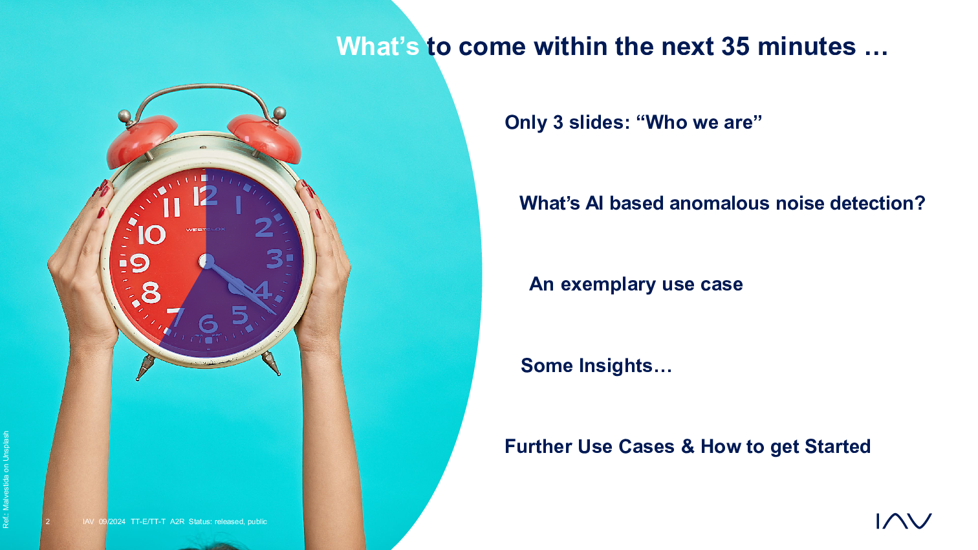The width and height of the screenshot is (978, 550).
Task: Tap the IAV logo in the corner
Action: coord(904,521)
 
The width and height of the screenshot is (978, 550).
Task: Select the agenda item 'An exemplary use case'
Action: coord(636,285)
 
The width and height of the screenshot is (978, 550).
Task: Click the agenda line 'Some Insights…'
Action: coord(596,365)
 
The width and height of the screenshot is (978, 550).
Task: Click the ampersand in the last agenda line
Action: coord(688,446)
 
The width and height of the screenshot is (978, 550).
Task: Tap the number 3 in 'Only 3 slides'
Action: coord(558,122)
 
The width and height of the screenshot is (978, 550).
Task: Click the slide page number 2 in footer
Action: coord(48,522)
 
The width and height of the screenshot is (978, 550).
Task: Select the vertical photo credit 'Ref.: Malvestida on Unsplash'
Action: coord(6,479)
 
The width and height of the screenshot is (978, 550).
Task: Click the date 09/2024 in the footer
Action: coord(112,522)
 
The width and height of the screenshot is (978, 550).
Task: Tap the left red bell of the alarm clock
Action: coord(140,140)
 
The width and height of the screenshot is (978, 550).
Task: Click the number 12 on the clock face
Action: coord(205,195)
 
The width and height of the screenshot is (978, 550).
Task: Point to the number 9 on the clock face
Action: coord(140,263)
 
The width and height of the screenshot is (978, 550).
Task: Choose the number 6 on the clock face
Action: coord(208,324)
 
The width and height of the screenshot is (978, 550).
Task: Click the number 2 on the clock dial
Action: coord(264,227)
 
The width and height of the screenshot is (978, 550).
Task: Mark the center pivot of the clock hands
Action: coord(206,261)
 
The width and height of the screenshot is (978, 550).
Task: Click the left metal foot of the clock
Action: coord(145,367)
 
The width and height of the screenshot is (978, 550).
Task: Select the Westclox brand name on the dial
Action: coord(206,229)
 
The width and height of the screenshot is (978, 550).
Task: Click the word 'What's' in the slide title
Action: coord(378,47)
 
